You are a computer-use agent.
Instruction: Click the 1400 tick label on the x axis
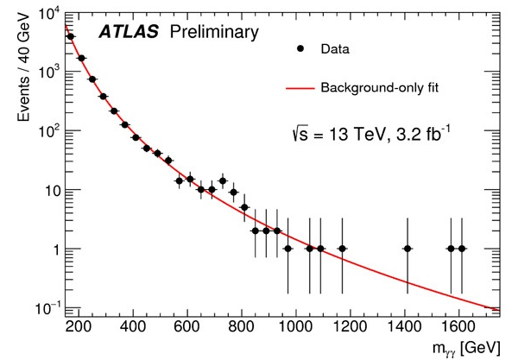coord(406,327)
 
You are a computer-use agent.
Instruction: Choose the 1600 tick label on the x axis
coord(460,327)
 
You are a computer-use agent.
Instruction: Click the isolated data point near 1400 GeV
coord(407,249)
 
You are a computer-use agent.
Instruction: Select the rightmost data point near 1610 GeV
coord(462,249)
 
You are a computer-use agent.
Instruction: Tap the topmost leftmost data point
coord(70,36)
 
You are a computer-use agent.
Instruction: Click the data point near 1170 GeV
coord(342,249)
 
